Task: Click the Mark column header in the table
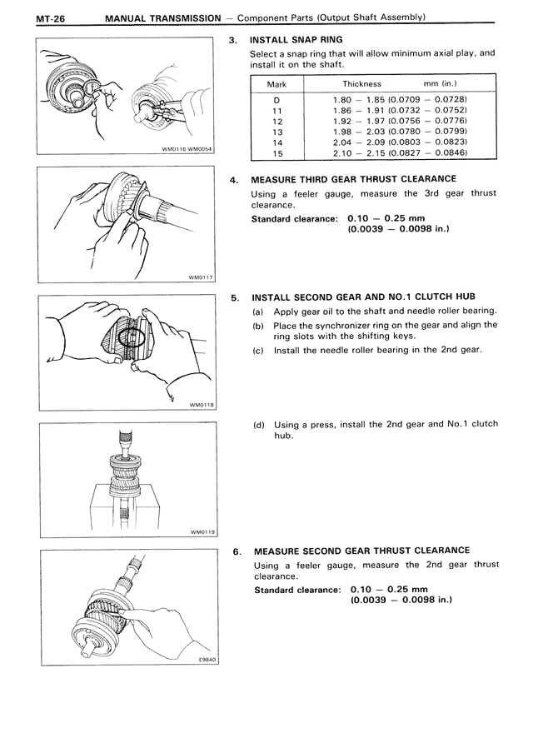[276, 84]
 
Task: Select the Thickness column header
[361, 84]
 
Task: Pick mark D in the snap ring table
[276, 100]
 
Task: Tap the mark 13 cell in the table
[277, 132]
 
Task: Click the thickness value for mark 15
[398, 153]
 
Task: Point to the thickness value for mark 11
[398, 111]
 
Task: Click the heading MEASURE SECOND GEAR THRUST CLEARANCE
[361, 551]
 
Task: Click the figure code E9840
[207, 659]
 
